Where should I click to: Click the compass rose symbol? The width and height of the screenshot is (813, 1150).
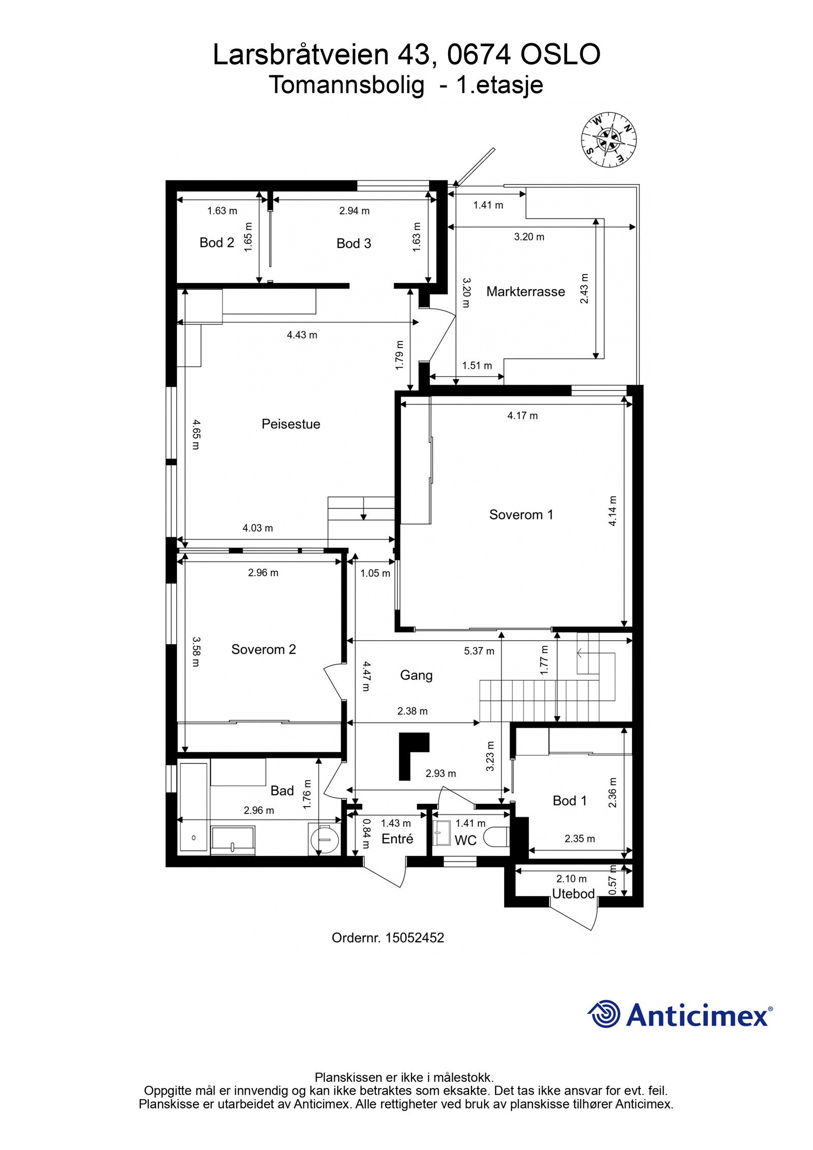click(608, 140)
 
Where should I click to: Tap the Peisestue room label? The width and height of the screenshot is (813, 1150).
click(291, 424)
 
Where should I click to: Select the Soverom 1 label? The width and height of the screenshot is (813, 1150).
click(521, 515)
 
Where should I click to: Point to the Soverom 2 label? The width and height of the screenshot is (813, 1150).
click(263, 649)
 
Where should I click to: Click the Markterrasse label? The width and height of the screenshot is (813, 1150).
click(525, 292)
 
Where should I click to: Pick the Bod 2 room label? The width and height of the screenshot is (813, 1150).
click(217, 243)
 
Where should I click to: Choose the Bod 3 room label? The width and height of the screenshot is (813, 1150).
click(354, 244)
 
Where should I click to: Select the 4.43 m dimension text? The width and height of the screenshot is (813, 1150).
click(302, 335)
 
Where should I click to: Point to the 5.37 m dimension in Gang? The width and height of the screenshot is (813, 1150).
click(479, 651)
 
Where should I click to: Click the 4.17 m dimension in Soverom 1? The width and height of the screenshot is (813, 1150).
click(522, 416)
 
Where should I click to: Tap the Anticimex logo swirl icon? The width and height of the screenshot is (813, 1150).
click(604, 1014)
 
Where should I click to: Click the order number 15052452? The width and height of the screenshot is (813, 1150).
click(415, 938)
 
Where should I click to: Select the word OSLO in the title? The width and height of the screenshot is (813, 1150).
click(560, 55)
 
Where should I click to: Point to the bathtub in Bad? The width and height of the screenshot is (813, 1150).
click(194, 808)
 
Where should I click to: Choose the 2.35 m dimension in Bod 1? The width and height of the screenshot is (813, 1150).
click(579, 839)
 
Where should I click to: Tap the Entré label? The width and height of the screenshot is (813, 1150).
click(397, 839)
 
